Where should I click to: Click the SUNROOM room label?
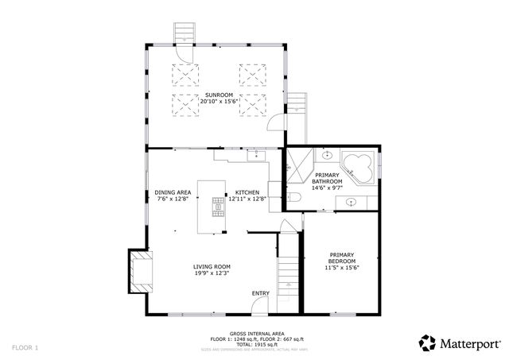coord(213,95)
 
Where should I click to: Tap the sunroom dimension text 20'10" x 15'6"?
coord(213,101)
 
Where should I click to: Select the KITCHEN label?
coord(247,192)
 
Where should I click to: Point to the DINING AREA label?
coord(172,192)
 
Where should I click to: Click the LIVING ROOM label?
coord(212,267)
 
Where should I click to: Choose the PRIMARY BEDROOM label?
coord(342,258)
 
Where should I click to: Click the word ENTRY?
coord(260,293)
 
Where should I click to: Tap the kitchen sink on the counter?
coord(257,156)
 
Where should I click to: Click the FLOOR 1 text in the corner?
coord(24,347)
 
